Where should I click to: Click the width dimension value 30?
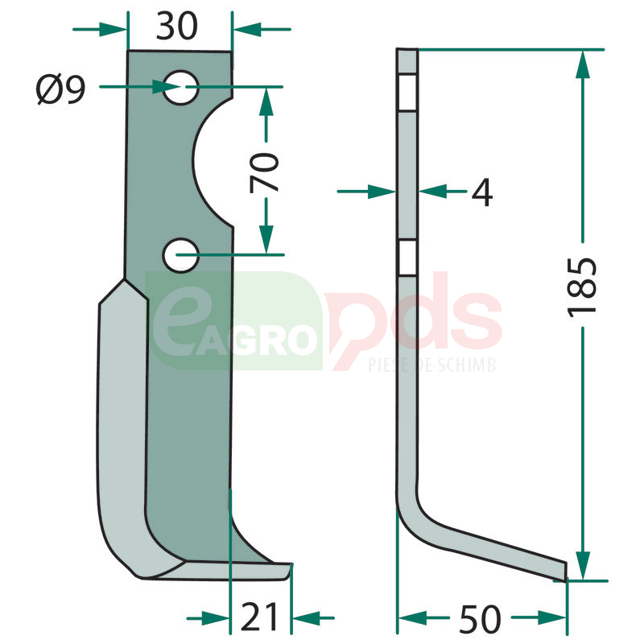click(176, 27)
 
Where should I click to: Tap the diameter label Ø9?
click(61, 89)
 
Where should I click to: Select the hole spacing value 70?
click(264, 172)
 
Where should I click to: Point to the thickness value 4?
click(481, 192)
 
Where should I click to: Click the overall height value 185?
click(581, 287)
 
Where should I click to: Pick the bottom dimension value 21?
click(259, 617)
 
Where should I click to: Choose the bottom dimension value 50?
click(480, 618)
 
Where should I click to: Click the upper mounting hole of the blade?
click(180, 88)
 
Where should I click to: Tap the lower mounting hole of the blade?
click(180, 255)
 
